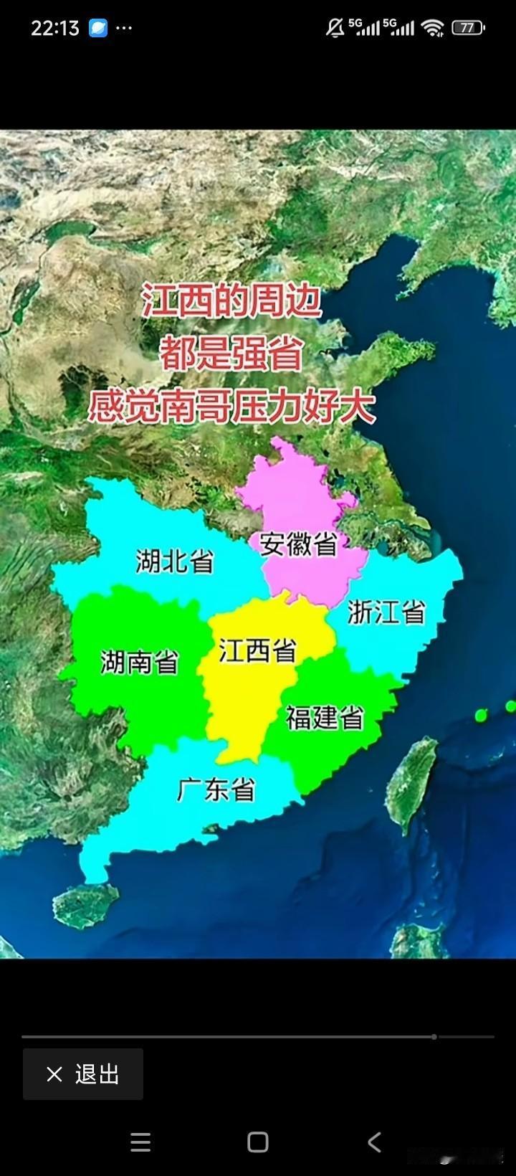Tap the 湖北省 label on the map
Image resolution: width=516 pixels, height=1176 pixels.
(175, 561)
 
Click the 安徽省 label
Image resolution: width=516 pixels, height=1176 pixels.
(298, 544)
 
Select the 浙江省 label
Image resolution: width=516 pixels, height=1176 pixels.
(386, 612)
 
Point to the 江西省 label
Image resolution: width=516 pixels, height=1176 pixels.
(257, 651)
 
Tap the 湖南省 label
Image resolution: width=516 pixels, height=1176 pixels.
(140, 661)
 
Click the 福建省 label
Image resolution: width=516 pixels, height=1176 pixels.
(325, 717)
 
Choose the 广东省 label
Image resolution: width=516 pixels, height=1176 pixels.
(216, 789)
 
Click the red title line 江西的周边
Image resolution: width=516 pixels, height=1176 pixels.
(231, 301)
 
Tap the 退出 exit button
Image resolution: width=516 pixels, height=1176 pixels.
(83, 1074)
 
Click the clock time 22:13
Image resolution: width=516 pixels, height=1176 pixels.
(54, 28)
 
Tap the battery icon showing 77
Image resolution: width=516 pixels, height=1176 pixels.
(469, 28)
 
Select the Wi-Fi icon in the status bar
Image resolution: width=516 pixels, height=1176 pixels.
(433, 28)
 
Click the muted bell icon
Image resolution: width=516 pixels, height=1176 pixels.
(335, 28)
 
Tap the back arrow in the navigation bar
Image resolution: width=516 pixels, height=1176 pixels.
(374, 1142)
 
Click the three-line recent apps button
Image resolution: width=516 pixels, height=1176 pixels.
(140, 1142)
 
